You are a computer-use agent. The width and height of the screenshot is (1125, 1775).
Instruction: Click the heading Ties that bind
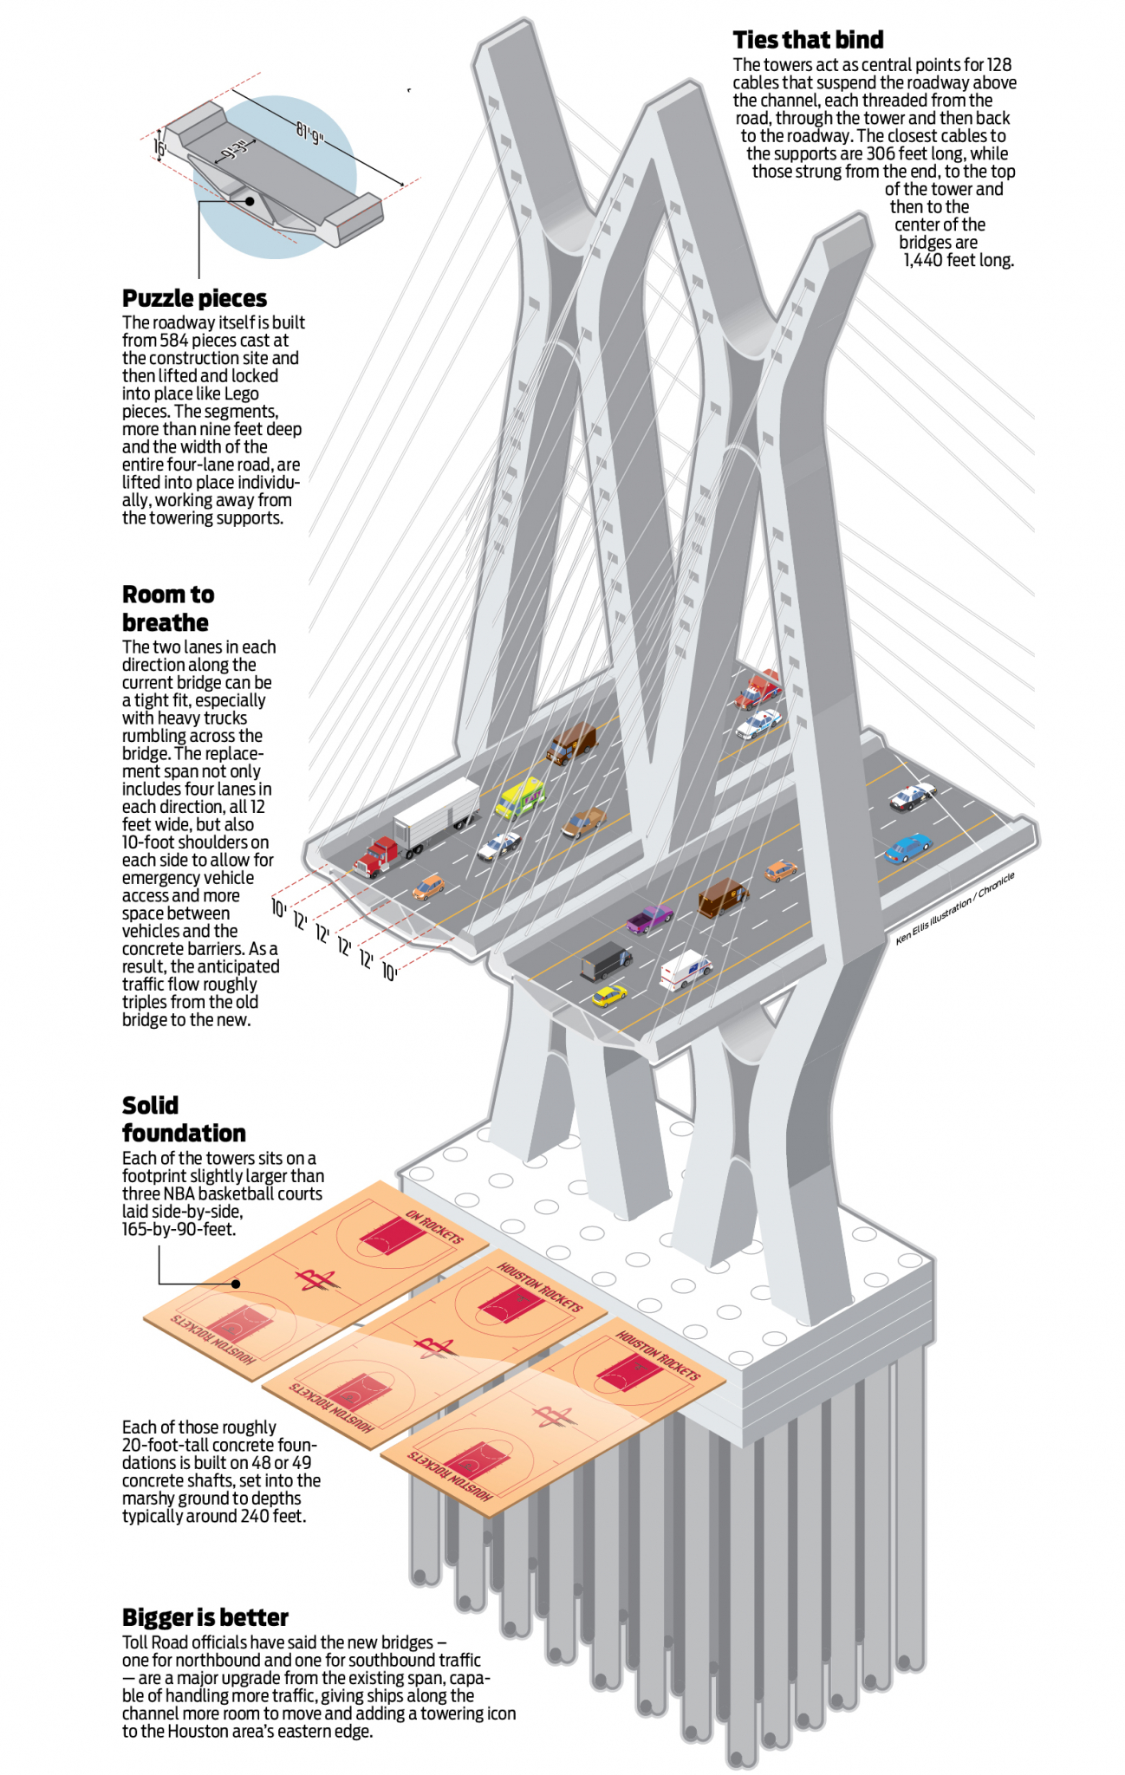[808, 40]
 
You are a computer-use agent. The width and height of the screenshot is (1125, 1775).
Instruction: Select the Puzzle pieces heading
[194, 298]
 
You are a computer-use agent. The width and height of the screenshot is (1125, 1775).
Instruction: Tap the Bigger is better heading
[205, 1617]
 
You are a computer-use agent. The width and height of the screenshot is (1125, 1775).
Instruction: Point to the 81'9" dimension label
[309, 133]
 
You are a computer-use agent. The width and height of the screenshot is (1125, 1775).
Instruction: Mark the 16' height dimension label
[159, 147]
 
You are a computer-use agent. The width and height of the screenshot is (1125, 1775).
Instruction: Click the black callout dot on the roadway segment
[250, 201]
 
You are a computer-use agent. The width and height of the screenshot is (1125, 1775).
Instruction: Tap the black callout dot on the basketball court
[236, 1284]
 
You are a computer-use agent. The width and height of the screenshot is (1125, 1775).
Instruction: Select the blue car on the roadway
[907, 847]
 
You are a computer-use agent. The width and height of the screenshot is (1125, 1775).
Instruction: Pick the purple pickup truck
[649, 918]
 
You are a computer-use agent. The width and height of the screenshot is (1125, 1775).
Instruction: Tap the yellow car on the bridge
[609, 995]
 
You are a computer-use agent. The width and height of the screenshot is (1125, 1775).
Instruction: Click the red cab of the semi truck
[376, 855]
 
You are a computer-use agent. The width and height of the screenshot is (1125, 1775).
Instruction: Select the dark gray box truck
[606, 960]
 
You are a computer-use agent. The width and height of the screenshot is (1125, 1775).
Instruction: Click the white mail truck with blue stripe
[686, 969]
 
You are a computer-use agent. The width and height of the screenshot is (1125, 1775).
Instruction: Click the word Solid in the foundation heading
[150, 1105]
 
